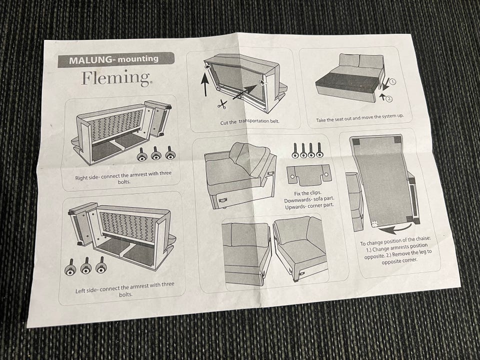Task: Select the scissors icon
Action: tap(222, 104)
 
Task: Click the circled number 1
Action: tap(393, 81)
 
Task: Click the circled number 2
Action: tap(389, 99)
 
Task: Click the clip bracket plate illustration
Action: tap(309, 175)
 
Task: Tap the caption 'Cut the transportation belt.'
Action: tap(250, 121)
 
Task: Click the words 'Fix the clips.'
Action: tap(307, 193)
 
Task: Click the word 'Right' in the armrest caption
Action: tap(81, 178)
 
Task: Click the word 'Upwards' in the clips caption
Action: tap(294, 207)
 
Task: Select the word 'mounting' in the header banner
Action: tap(138, 58)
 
